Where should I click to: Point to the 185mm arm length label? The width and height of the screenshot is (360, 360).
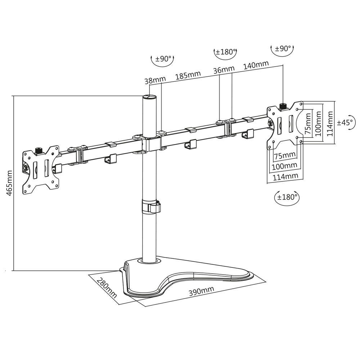(188, 76)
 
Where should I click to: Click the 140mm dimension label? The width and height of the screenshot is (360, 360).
(256, 66)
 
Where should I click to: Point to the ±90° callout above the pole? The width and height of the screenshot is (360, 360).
(162, 59)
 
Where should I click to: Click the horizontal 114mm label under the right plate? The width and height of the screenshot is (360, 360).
(286, 176)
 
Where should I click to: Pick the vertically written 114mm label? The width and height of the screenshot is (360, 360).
(329, 123)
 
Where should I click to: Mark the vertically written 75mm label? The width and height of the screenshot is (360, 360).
(308, 123)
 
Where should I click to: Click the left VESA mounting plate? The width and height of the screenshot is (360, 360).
(41, 169)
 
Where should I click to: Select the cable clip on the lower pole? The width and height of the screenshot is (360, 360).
(150, 207)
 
